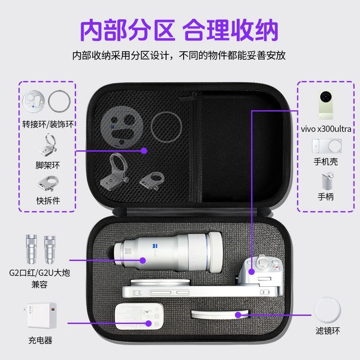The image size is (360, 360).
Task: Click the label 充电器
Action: [40, 340]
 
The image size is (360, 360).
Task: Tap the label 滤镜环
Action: [328, 331]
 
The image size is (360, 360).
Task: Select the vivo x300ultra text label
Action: [326, 129]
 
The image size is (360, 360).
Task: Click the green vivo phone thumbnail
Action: [326, 105]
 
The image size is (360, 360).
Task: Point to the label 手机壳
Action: [326, 162]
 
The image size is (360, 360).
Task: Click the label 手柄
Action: [326, 197]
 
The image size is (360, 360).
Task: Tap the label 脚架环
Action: [48, 165]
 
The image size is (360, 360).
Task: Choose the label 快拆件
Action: [48, 201]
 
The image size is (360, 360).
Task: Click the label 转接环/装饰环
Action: [48, 124]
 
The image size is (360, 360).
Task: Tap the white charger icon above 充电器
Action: [40, 315]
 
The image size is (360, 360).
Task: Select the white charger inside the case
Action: [139, 316]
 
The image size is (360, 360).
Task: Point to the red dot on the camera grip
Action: [277, 267]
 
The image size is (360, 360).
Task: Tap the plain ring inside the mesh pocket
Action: [166, 126]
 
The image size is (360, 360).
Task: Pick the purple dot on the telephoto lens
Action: [143, 261]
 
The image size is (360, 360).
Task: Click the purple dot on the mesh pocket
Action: [144, 151]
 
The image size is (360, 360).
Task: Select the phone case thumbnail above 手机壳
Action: [327, 146]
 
